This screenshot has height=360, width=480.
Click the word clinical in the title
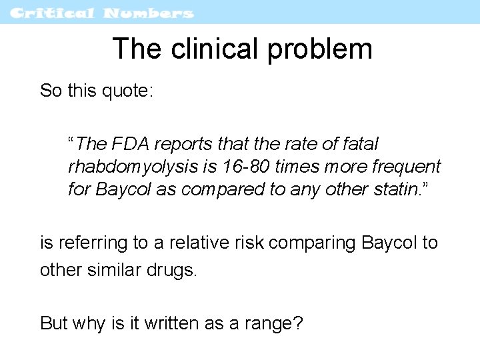click(216, 49)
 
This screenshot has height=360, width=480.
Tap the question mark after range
click(297, 323)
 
